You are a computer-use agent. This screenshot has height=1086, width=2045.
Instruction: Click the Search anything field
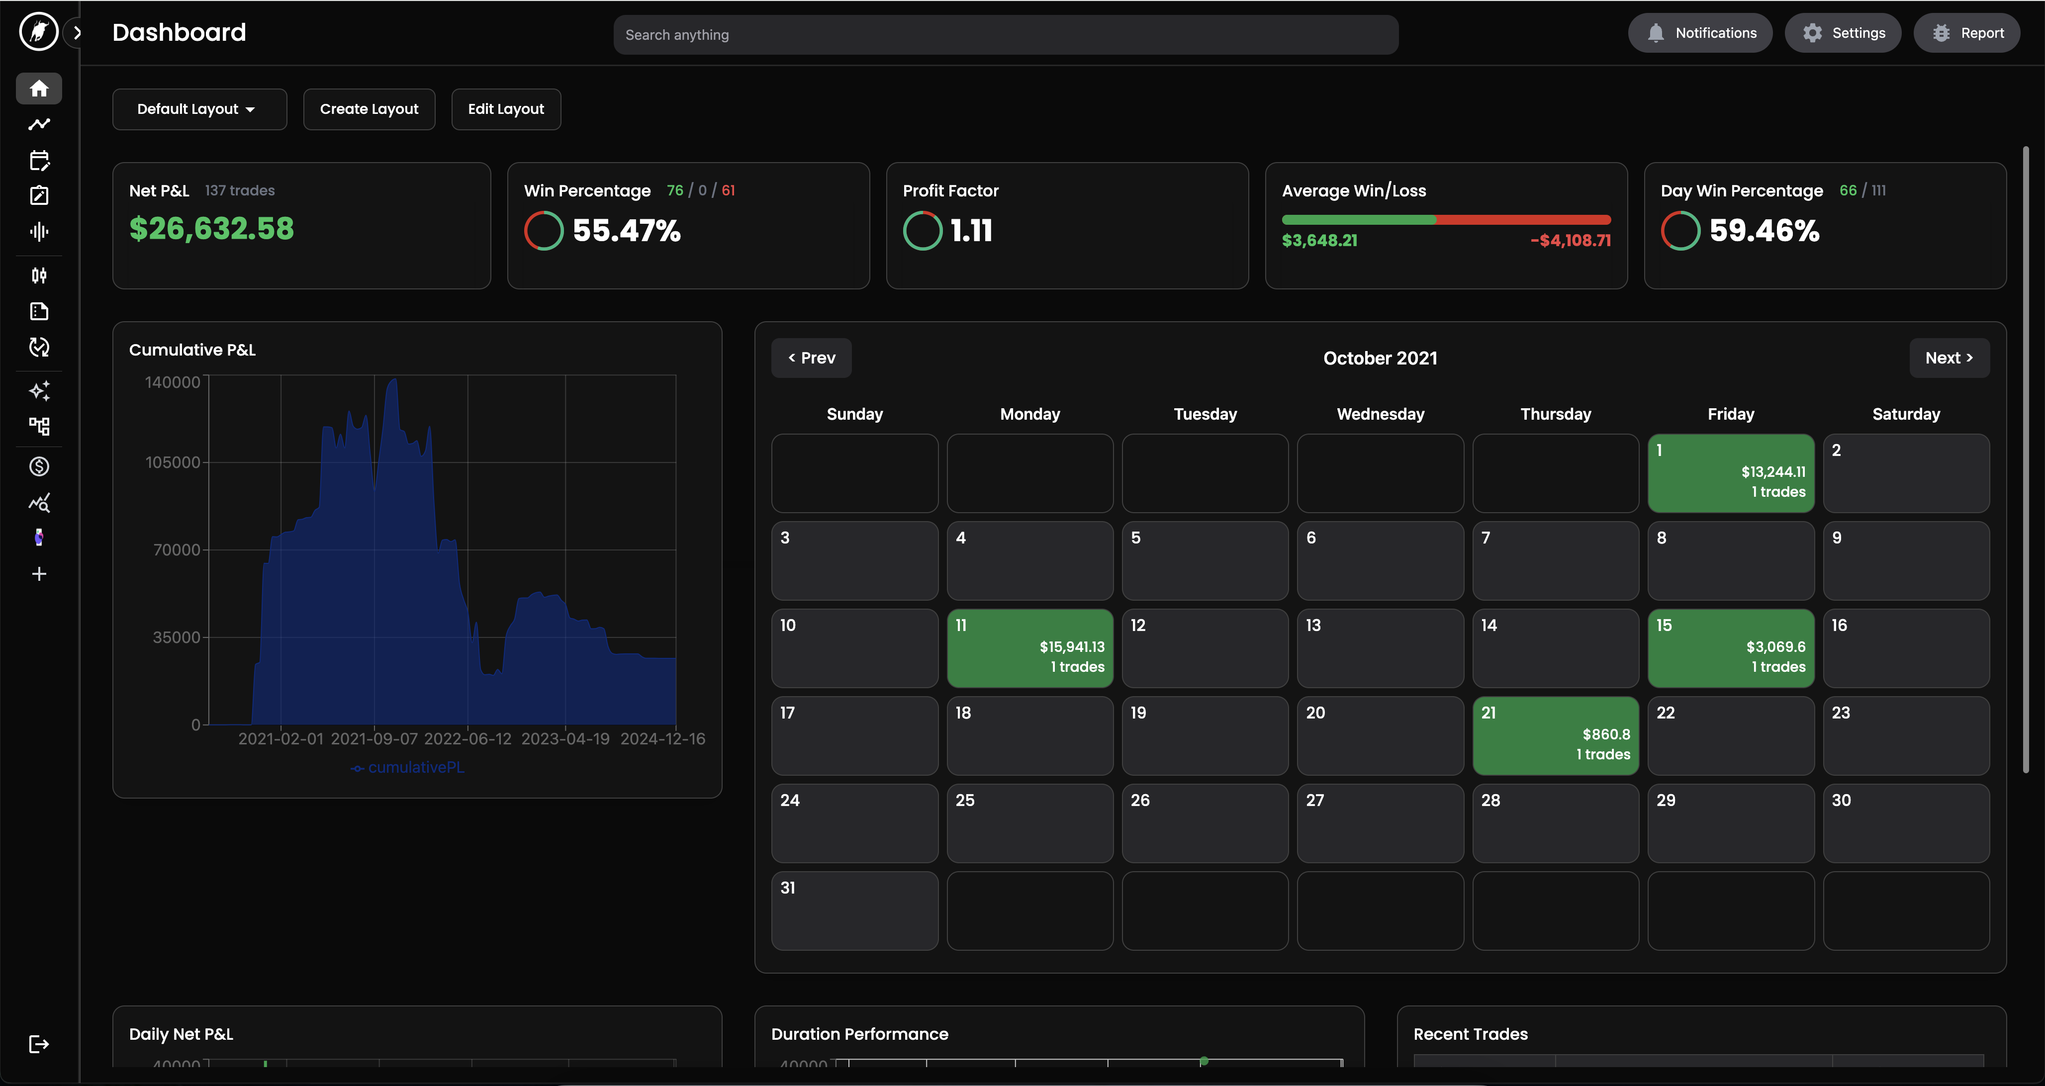(x=1005, y=35)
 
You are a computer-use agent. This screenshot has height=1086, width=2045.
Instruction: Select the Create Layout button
(x=369, y=109)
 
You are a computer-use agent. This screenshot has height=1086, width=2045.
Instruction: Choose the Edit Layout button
(x=506, y=109)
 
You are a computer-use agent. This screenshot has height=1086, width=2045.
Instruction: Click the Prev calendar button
(x=811, y=358)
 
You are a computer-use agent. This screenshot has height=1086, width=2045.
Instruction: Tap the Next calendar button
(x=1949, y=358)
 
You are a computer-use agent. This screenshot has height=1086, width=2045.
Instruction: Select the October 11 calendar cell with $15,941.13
(x=1029, y=648)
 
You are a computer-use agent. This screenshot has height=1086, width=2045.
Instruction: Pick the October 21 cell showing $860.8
(x=1555, y=735)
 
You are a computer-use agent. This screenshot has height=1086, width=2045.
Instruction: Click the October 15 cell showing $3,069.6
(x=1731, y=648)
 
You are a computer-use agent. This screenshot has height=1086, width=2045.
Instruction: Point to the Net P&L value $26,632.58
(x=211, y=229)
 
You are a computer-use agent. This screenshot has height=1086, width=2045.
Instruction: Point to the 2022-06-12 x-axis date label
(x=467, y=739)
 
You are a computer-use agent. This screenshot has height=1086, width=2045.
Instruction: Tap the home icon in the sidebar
(x=39, y=88)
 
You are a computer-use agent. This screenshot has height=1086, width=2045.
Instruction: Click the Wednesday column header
(x=1381, y=414)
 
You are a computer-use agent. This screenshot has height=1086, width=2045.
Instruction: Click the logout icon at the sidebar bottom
(x=39, y=1044)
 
